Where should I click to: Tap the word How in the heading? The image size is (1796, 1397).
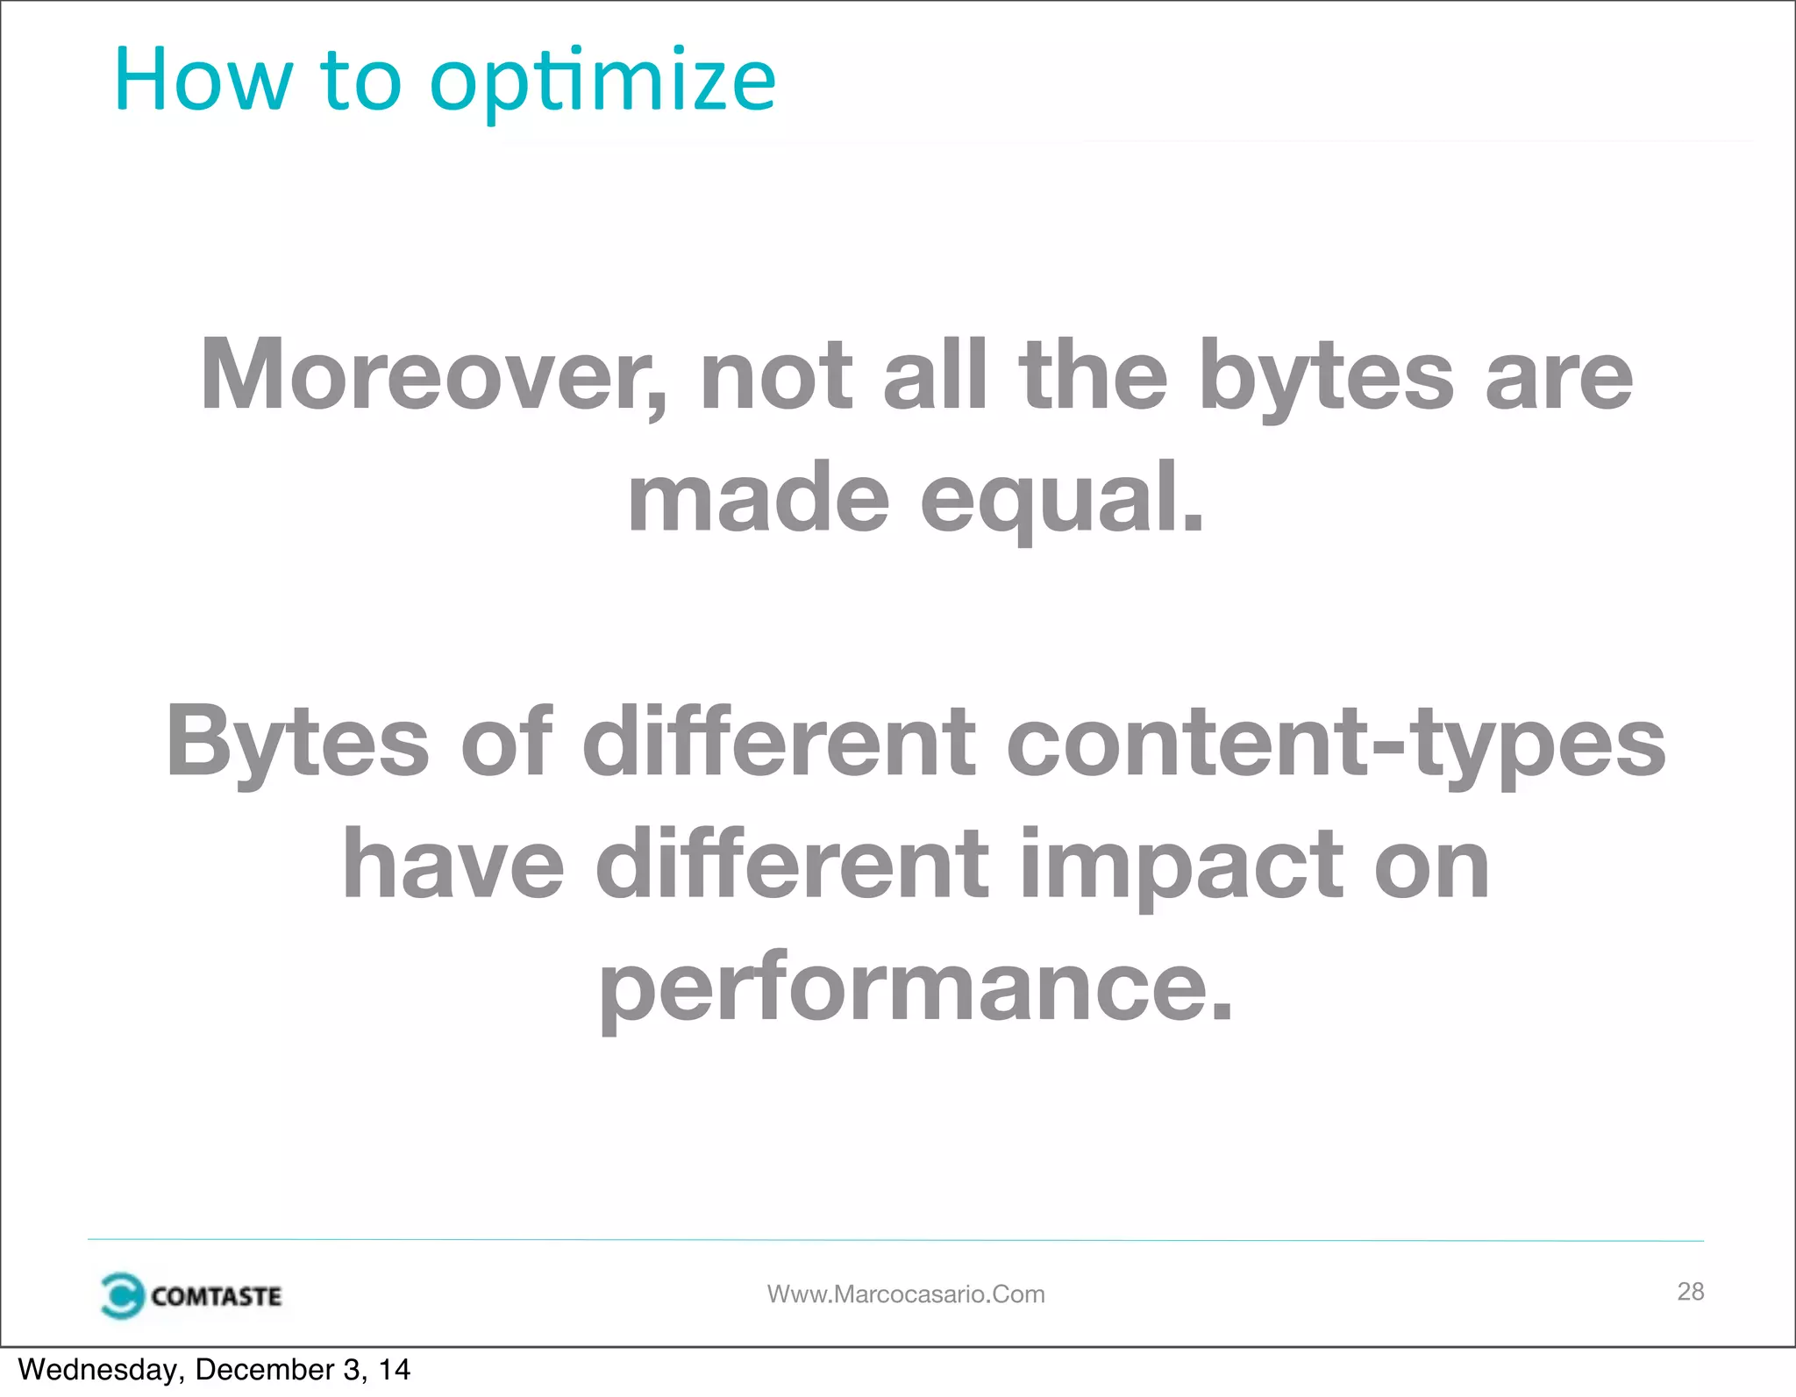point(203,82)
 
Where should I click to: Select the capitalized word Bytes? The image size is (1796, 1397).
point(297,743)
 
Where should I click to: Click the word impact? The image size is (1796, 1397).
point(1181,866)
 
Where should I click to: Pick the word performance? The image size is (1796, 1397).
point(916,987)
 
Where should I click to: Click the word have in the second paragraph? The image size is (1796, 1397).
point(453,866)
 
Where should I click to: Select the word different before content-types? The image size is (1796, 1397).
point(779,743)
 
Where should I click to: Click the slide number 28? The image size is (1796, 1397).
point(1690,1291)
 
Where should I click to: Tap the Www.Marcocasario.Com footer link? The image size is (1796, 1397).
point(906,1294)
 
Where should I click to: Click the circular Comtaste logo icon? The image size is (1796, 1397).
point(121,1295)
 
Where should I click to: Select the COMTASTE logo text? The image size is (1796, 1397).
point(216,1296)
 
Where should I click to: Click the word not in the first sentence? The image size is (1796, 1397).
point(776,376)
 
